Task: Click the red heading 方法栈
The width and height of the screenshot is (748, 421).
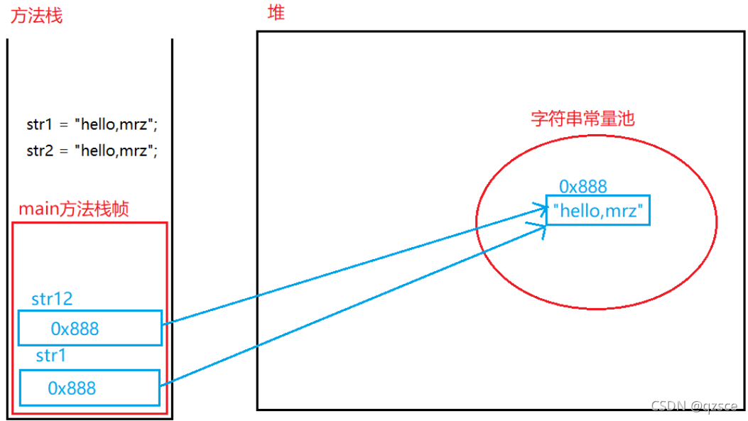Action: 36,16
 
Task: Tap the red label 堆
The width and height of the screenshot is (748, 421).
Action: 276,13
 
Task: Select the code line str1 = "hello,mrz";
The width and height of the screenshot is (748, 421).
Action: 92,125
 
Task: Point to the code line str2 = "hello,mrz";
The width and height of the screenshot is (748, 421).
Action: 92,151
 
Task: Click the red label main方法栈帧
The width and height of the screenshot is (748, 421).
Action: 74,209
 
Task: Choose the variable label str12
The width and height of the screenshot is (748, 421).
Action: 52,299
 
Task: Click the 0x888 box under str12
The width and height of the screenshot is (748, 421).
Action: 90,328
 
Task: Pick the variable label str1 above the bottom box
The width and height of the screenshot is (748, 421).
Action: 50,356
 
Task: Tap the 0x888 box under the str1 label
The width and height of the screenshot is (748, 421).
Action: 90,388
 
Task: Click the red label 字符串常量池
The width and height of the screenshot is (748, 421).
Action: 582,118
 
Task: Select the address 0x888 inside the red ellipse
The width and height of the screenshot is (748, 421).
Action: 583,186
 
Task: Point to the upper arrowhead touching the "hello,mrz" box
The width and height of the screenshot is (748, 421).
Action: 540,208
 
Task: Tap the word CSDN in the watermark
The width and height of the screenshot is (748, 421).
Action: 669,405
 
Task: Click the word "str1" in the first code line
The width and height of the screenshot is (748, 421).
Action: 39,125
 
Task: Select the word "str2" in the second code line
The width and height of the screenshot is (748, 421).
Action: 40,151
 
